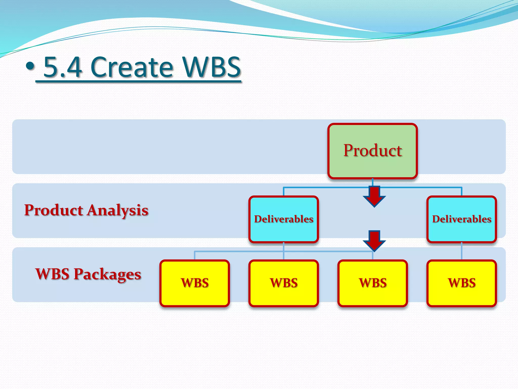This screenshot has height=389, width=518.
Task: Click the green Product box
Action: coord(372,151)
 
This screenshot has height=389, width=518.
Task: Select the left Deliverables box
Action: coord(284,219)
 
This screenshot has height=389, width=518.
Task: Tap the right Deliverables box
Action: coord(462,219)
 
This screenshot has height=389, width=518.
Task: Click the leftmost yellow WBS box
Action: coord(195,283)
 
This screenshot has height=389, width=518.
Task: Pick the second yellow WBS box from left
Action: coord(284,283)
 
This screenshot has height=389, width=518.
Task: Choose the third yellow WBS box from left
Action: coord(373,283)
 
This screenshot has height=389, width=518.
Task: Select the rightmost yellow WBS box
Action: coord(462,283)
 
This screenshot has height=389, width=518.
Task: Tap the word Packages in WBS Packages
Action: coord(107,275)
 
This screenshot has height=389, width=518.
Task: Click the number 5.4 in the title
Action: coord(63,67)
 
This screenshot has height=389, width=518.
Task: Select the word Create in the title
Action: coord(132,67)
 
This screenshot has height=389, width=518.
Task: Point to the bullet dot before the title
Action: coord(30,66)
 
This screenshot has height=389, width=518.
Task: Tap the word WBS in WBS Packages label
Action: coord(52,274)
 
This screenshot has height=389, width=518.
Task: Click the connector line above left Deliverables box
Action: coord(284,191)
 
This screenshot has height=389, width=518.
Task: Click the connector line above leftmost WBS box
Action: coord(195,255)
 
